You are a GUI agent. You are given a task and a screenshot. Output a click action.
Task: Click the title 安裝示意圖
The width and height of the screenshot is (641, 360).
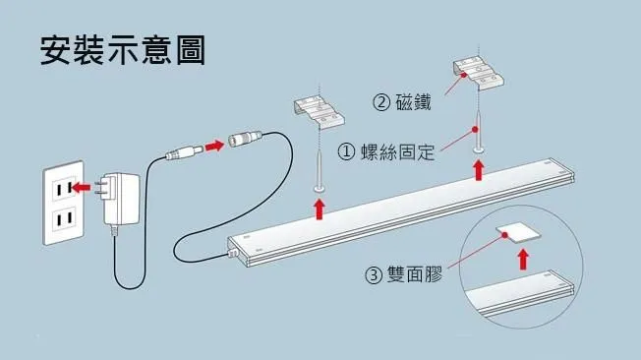coord(122,50)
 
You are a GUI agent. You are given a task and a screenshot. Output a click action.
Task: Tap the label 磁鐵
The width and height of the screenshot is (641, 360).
coord(413,102)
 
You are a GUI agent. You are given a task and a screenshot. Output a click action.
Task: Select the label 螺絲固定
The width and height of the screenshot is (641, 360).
coord(397,151)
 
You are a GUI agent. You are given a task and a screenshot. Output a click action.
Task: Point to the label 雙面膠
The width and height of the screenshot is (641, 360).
coord(415,274)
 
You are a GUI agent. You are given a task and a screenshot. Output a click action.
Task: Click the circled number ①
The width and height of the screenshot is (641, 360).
coord(346,152)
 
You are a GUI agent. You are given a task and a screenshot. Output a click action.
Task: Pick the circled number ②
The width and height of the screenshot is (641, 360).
coord(381,102)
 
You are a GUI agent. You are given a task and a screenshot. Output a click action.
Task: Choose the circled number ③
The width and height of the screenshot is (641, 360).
coord(373,274)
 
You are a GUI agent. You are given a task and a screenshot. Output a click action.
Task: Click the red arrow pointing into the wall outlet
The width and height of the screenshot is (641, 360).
coord(81,188)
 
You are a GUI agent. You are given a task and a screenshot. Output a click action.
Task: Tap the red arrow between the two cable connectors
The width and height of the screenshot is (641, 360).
coord(214,146)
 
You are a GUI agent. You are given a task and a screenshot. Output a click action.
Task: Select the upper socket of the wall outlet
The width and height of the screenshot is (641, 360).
coord(64,188)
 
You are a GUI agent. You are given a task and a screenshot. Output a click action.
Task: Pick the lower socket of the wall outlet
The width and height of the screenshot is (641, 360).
coord(64,219)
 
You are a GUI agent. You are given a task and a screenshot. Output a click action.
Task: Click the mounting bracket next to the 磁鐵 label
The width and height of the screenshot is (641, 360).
coord(478,73)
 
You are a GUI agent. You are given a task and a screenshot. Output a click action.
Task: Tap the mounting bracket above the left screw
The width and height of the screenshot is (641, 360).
coord(319,112)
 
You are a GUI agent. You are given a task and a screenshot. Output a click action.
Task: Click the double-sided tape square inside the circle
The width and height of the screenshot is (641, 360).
coord(518,233)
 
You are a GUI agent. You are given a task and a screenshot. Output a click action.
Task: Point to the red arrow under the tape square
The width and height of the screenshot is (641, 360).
coord(523,260)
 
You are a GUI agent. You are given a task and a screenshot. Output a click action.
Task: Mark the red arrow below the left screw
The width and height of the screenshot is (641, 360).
coord(320,210)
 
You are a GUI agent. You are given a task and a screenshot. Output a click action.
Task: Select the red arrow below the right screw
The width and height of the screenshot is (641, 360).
coord(479,170)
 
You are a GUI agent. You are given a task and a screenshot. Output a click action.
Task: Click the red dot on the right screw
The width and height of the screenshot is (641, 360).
coord(475,129)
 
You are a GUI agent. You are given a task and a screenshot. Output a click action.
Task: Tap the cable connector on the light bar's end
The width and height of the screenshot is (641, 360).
coord(232,253)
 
